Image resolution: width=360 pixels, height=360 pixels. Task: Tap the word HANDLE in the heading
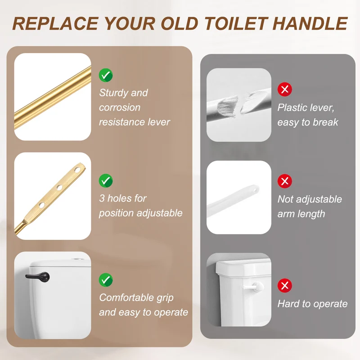pyautogui.click(x=310, y=23)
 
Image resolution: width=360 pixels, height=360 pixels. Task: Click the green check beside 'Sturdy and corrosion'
pyautogui.click(x=106, y=75)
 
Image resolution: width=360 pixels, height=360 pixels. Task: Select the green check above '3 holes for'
pyautogui.click(x=106, y=181)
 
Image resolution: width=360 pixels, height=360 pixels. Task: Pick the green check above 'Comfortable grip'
pyautogui.click(x=106, y=280)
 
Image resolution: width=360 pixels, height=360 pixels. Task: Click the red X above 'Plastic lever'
pyautogui.click(x=285, y=89)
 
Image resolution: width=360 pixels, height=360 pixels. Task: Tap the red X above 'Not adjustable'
pyautogui.click(x=285, y=181)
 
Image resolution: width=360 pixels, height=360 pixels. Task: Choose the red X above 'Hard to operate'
pyautogui.click(x=285, y=285)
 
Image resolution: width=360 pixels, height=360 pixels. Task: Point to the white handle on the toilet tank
pyautogui.click(x=252, y=287)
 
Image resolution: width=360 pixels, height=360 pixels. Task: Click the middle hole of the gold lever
pyautogui.click(x=59, y=187)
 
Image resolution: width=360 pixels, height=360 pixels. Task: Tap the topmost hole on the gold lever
pyautogui.click(x=77, y=170)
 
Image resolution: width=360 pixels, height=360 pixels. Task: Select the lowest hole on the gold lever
pyautogui.click(x=41, y=205)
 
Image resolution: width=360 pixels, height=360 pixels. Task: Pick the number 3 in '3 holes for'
pyautogui.click(x=102, y=198)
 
